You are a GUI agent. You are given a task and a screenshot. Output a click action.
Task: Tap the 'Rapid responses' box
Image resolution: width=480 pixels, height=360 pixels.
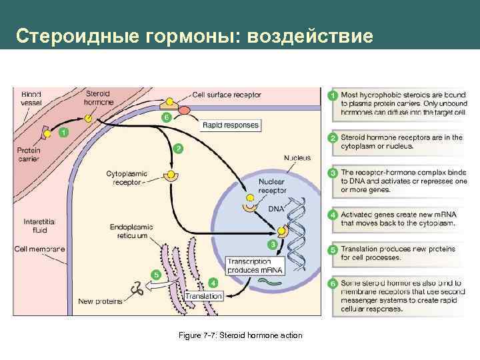click(231, 125)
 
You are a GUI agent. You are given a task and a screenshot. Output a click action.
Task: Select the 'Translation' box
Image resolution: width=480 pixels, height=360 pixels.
click(204, 295)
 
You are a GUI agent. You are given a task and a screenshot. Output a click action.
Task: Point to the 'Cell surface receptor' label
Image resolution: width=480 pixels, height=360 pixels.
click(226, 95)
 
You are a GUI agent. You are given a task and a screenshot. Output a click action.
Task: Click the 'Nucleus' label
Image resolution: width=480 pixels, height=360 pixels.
click(297, 158)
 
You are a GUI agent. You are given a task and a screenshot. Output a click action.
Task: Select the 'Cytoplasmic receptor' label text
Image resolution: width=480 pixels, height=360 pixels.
click(126, 177)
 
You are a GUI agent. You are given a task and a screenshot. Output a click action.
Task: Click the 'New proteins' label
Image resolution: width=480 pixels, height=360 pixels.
click(100, 301)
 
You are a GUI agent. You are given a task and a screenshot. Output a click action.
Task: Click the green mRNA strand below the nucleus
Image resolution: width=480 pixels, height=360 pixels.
click(271, 281)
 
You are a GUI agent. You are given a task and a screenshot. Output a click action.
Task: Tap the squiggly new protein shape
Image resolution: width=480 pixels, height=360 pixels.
click(139, 288)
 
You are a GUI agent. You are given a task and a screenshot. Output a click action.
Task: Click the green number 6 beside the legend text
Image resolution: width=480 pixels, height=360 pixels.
click(333, 285)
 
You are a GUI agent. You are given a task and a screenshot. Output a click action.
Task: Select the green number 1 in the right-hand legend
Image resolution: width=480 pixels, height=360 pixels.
click(333, 96)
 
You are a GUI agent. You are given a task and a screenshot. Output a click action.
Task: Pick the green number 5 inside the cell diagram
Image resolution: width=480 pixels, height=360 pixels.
click(156, 274)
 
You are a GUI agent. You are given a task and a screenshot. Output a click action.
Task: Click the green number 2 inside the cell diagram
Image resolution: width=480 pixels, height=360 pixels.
click(177, 148)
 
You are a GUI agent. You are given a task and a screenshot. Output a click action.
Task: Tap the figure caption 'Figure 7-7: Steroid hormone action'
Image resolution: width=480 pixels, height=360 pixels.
click(241, 335)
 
